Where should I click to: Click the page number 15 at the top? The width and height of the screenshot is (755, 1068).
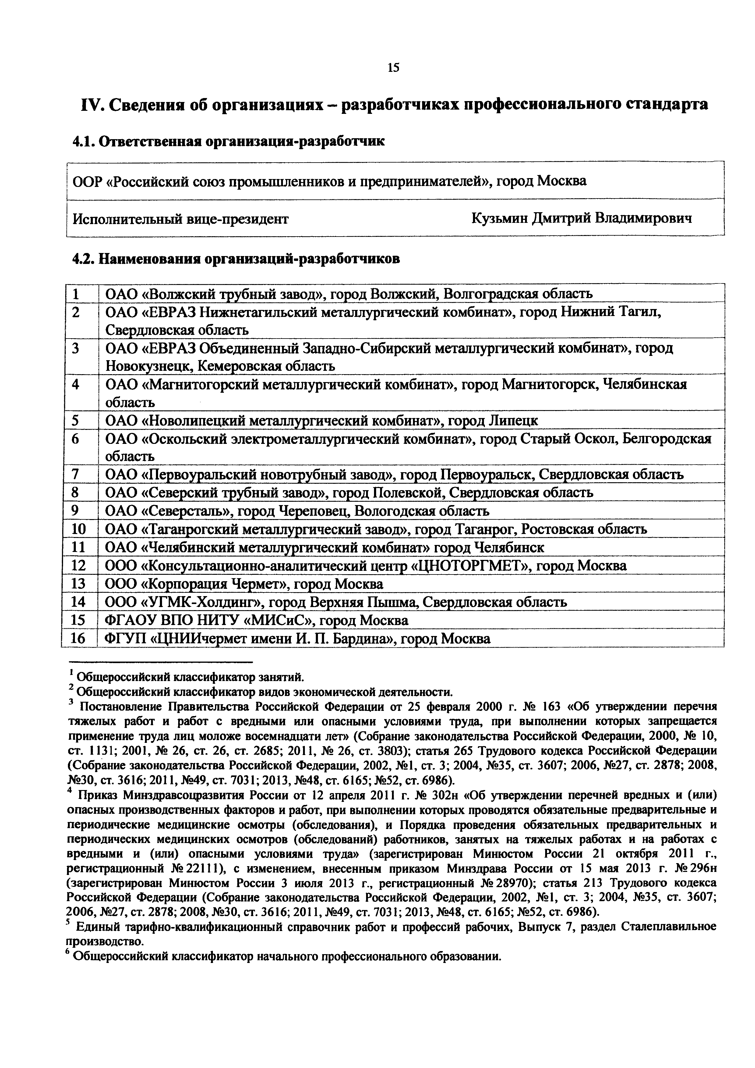pyautogui.click(x=393, y=68)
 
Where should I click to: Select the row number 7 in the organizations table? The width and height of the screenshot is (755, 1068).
pyautogui.click(x=76, y=474)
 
